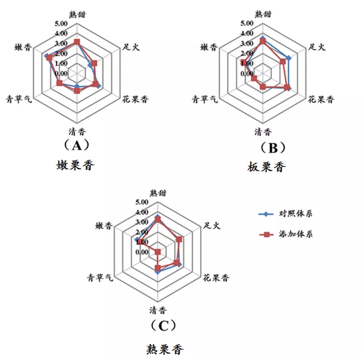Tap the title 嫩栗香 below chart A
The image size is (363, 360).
[x=75, y=166]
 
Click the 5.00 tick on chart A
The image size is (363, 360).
[x=62, y=24]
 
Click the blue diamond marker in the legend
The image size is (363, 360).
[x=263, y=214]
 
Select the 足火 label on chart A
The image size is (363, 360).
[x=131, y=48]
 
